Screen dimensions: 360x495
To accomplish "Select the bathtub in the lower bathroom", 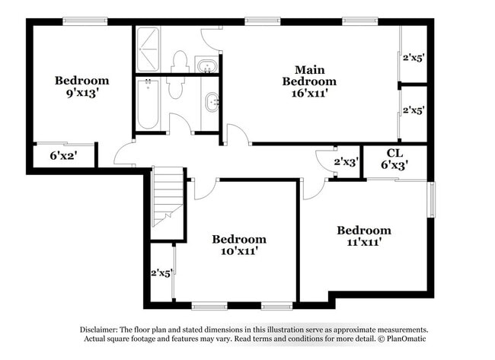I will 147,104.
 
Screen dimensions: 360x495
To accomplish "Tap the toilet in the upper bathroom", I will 180,60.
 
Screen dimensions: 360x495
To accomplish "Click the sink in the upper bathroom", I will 206,65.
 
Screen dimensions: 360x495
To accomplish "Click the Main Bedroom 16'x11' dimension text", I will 309,94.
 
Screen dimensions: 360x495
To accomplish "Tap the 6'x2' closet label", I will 64,155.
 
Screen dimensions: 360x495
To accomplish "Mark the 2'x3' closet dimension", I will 346,162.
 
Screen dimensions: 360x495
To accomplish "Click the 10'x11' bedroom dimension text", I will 239,252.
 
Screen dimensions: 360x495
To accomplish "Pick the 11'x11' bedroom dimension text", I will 364,243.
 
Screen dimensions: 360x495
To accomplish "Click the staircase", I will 168,197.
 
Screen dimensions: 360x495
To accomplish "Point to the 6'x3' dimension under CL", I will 394,163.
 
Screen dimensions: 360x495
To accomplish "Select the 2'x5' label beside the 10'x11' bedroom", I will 161,272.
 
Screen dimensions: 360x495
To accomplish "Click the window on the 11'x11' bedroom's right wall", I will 431,199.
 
